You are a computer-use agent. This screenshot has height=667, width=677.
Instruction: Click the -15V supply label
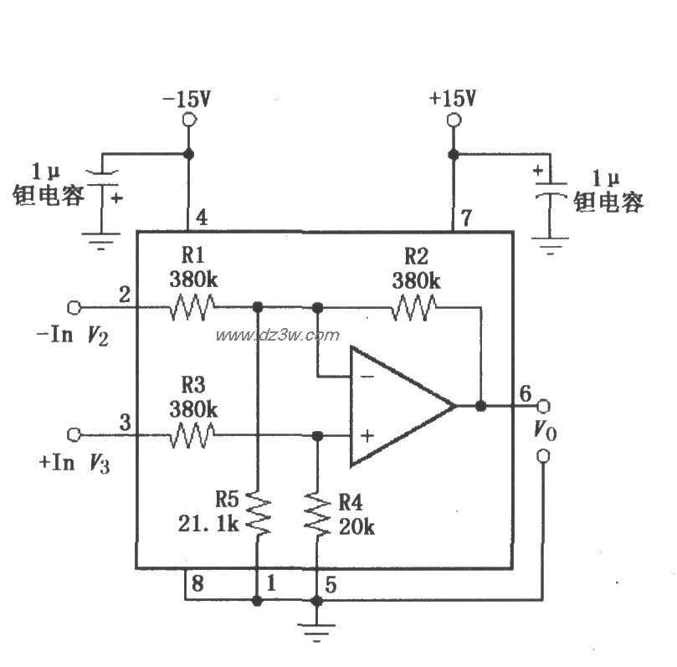(x=187, y=99)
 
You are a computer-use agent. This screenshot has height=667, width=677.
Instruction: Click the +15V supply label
(x=452, y=98)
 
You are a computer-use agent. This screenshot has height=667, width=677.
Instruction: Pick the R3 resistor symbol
(x=192, y=434)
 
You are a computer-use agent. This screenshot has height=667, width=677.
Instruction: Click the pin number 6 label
(x=525, y=393)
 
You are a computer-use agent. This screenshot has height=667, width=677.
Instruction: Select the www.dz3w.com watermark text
(x=278, y=336)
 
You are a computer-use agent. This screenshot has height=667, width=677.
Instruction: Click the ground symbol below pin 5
(x=317, y=630)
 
